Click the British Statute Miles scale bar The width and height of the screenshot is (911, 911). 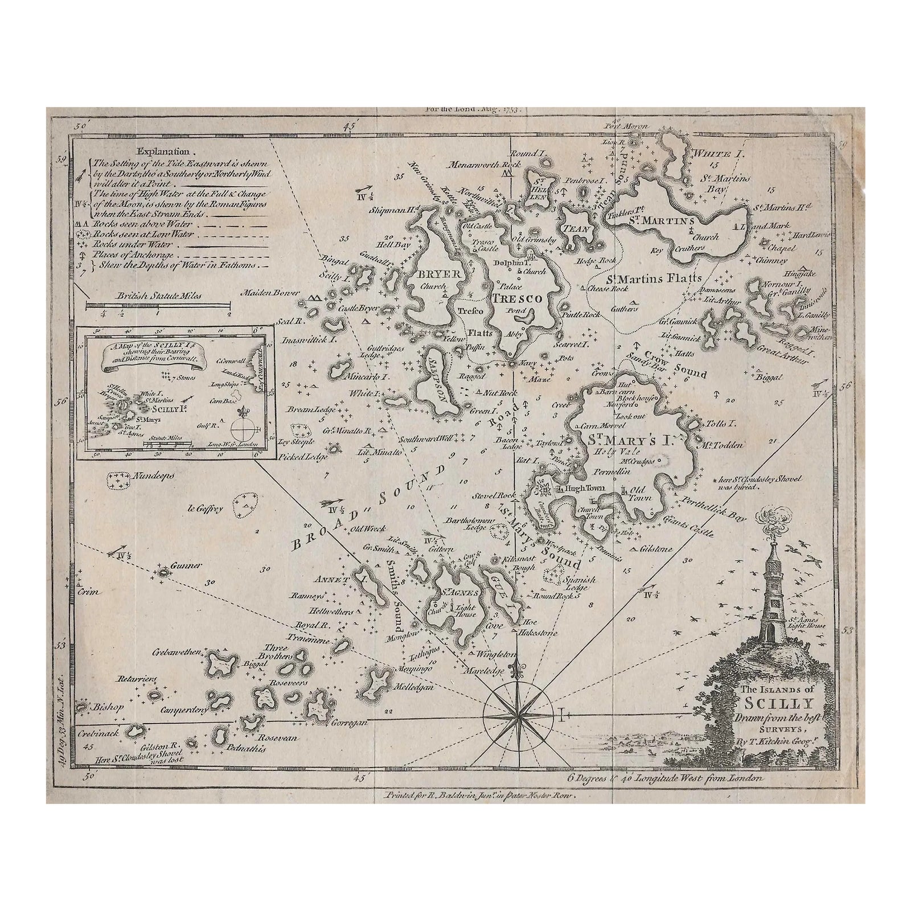(x=158, y=306)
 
